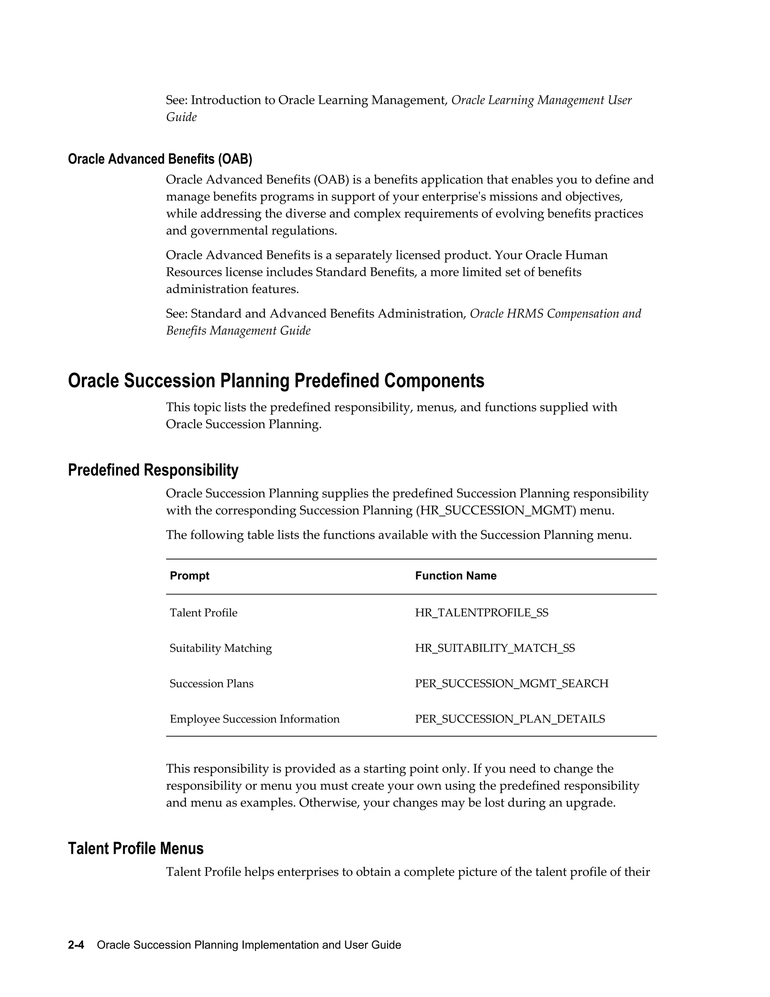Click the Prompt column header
click(189, 576)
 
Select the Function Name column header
click(455, 576)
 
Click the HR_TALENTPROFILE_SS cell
click(481, 612)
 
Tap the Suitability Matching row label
click(220, 648)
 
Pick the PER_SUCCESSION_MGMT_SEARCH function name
click(511, 683)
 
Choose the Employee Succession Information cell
click(255, 719)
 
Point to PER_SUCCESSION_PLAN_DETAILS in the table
click(509, 719)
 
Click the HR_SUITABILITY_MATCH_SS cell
click(494, 648)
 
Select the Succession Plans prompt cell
click(211, 683)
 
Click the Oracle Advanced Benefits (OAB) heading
click(160, 159)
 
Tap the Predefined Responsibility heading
click(153, 470)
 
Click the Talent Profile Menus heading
click(135, 848)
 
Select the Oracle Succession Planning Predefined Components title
click(276, 381)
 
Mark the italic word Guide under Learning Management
click(181, 117)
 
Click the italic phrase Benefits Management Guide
click(238, 330)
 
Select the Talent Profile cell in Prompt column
click(203, 612)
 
